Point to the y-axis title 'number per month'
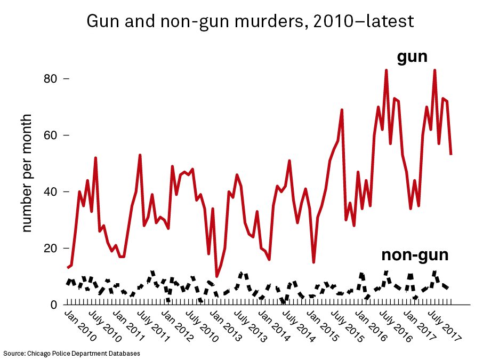click(27, 173)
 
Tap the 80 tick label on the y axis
click(51, 78)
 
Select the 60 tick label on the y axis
click(51, 135)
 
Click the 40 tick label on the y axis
click(51, 192)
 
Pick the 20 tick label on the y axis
click(51, 248)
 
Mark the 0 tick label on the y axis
click(54, 305)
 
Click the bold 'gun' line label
click(412, 58)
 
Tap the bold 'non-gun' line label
click(415, 255)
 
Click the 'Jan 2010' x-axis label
click(81, 326)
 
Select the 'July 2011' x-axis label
click(154, 326)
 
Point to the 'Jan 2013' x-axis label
click(226, 326)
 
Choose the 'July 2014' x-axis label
click(299, 326)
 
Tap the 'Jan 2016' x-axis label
click(372, 326)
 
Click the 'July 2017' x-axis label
click(445, 326)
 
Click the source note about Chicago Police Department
click(72, 354)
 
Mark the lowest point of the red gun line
click(216, 276)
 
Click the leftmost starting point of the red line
click(68, 268)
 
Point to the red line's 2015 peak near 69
click(342, 110)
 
